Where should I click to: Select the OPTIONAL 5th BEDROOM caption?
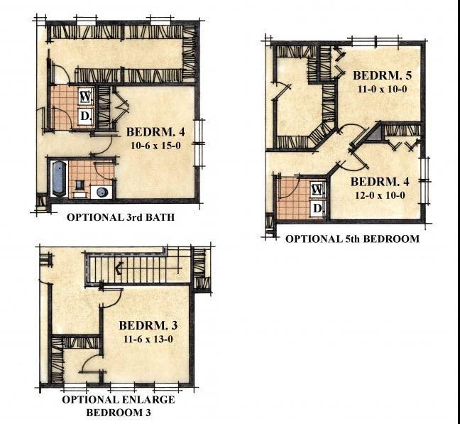click(352, 239)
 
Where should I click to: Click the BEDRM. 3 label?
click(144, 326)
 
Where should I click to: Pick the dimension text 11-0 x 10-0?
click(381, 89)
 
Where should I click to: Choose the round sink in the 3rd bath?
click(102, 190)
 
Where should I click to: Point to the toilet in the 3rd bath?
click(78, 188)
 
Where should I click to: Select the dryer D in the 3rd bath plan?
click(84, 115)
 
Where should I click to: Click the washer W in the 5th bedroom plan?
click(317, 190)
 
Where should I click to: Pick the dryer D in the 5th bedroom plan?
click(317, 208)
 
